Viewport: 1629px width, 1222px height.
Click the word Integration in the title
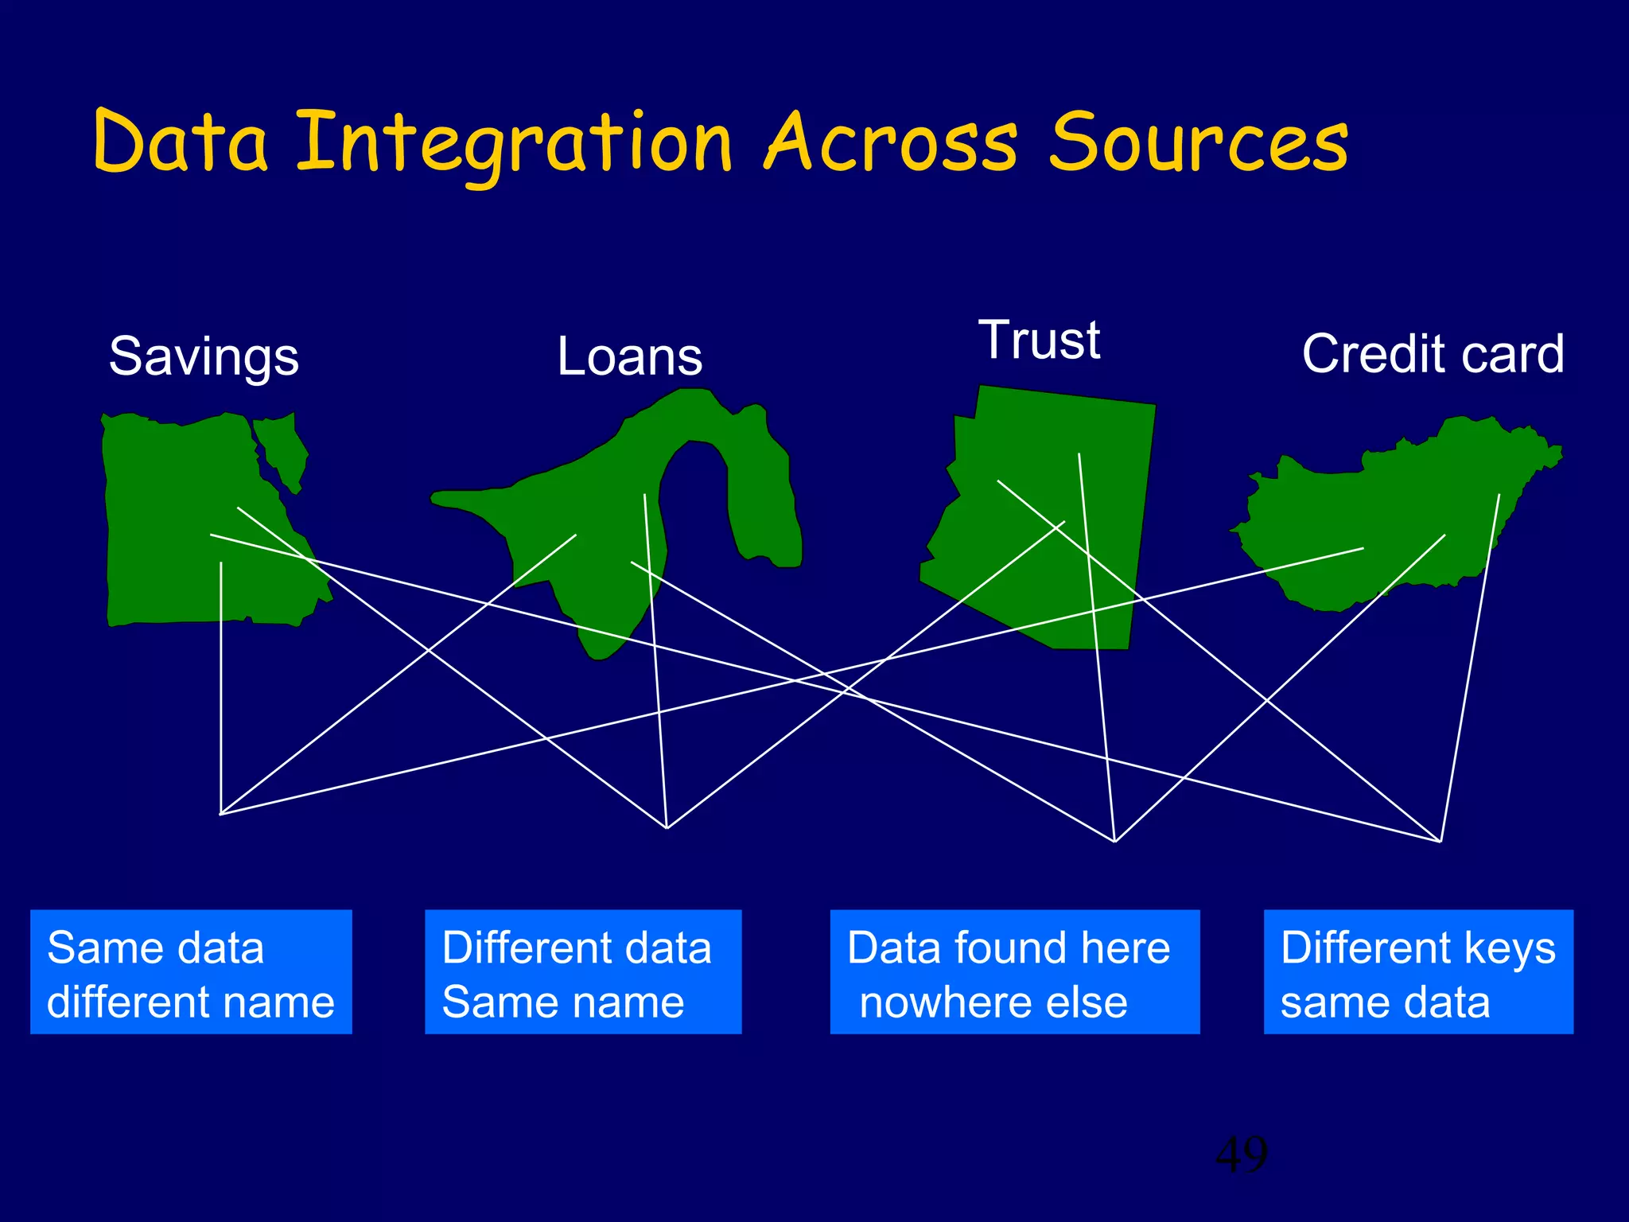513,143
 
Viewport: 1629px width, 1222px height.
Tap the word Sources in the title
1198,143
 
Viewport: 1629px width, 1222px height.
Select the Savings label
204,356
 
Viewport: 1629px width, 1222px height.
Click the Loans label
629,356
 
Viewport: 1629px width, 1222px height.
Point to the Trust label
1039,340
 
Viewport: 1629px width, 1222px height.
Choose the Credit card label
1433,354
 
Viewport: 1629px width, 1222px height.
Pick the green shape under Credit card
1400,509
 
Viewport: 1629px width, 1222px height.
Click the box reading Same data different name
191,972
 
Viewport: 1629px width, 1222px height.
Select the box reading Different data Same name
583,972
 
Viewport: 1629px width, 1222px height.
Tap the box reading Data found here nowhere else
1014,972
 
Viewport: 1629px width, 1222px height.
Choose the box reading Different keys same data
1418,972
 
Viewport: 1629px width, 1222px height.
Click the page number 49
1241,1155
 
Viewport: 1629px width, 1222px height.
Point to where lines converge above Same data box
220,814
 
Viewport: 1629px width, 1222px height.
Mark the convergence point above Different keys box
1440,841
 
